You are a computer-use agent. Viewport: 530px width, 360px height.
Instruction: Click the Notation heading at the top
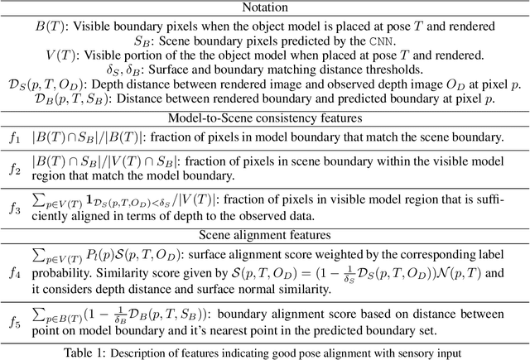(x=265, y=7)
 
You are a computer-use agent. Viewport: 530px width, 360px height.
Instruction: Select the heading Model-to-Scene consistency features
(x=264, y=115)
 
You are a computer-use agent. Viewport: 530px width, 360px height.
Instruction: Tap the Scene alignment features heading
(x=265, y=234)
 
